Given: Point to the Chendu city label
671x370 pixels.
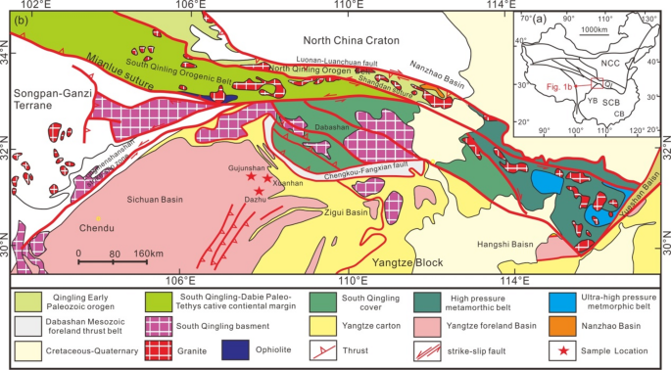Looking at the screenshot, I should [x=97, y=228].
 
